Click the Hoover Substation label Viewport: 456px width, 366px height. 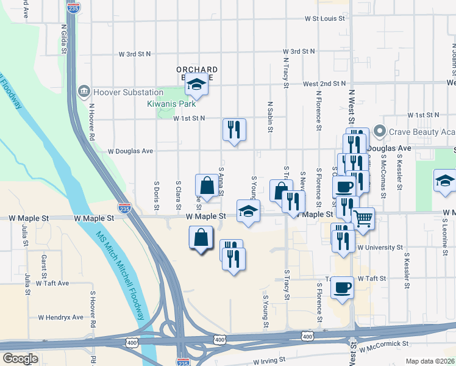pos(128,92)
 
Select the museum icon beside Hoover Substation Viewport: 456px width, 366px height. pos(84,92)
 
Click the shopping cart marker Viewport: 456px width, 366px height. pos(363,218)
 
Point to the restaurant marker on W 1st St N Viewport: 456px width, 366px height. pos(234,129)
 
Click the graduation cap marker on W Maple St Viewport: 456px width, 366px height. pos(248,211)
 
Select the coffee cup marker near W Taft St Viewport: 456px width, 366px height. pos(342,285)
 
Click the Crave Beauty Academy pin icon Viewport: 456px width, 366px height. pos(380,132)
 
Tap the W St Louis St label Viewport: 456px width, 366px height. pos(325,19)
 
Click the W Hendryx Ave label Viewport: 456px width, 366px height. pos(60,317)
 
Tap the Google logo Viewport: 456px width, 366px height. pos(20,359)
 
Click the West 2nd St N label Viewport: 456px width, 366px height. pos(325,84)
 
